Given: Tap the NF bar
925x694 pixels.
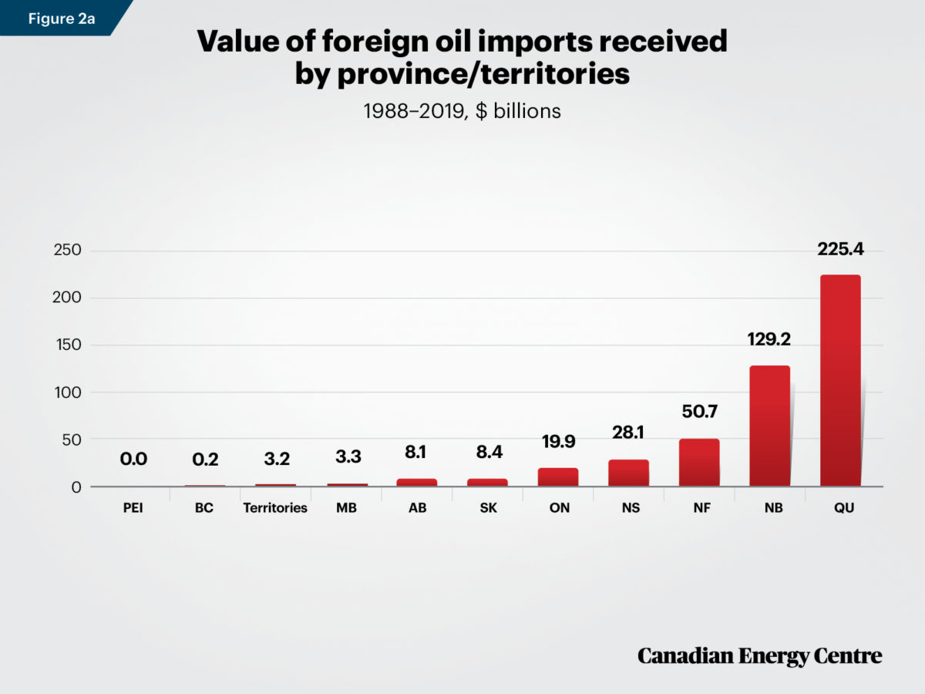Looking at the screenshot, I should pyautogui.click(x=699, y=463).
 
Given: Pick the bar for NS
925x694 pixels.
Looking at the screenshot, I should pyautogui.click(x=628, y=473).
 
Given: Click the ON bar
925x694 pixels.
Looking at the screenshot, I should pyautogui.click(x=558, y=477).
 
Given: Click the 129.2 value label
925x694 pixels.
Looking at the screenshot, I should pyautogui.click(x=769, y=339).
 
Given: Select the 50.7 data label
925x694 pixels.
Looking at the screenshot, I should pyautogui.click(x=699, y=413).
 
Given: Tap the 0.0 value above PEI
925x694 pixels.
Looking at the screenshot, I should pyautogui.click(x=133, y=460).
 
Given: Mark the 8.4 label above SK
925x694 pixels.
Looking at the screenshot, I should pyautogui.click(x=487, y=453).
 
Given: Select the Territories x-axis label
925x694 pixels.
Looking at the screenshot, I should pyautogui.click(x=275, y=508).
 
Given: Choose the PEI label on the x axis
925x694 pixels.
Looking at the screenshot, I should pyautogui.click(x=133, y=508).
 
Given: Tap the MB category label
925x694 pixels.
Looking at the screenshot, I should pyautogui.click(x=346, y=508).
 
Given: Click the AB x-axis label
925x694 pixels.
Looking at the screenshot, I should pyautogui.click(x=416, y=508).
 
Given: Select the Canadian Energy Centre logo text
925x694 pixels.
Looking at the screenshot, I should pyautogui.click(x=759, y=656).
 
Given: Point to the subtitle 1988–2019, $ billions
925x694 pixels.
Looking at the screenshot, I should pyautogui.click(x=462, y=111).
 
